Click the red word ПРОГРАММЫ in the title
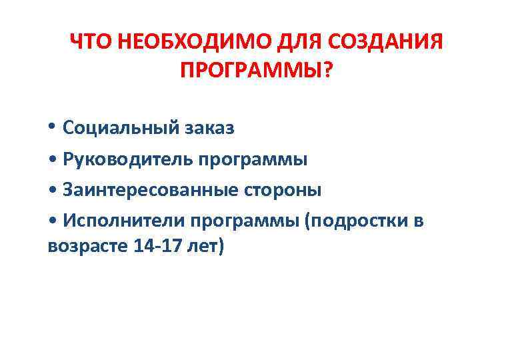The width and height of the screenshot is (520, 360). pyautogui.click(x=250, y=69)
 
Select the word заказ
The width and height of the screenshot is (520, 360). pyautogui.click(x=208, y=129)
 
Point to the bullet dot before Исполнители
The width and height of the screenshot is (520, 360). pyautogui.click(x=52, y=221)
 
